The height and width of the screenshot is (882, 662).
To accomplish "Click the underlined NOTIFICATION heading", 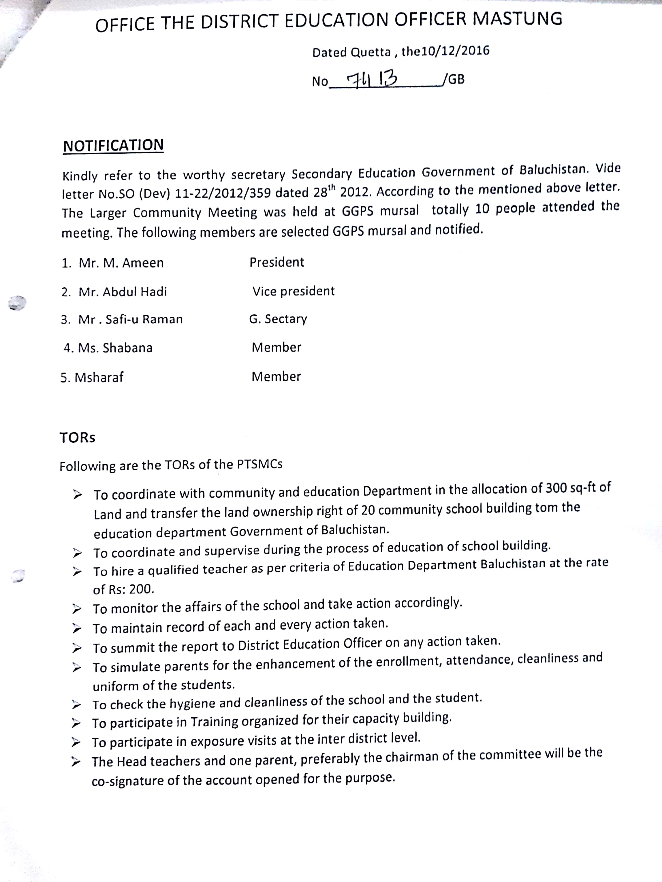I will (113, 146).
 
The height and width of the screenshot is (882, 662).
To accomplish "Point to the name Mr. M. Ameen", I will (121, 263).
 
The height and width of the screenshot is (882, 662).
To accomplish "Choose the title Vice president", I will (294, 291).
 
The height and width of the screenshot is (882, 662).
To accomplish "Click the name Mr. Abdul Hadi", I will (123, 292).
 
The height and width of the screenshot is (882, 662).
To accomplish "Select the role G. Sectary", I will (278, 319).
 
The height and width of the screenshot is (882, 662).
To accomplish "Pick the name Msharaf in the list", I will (99, 378).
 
